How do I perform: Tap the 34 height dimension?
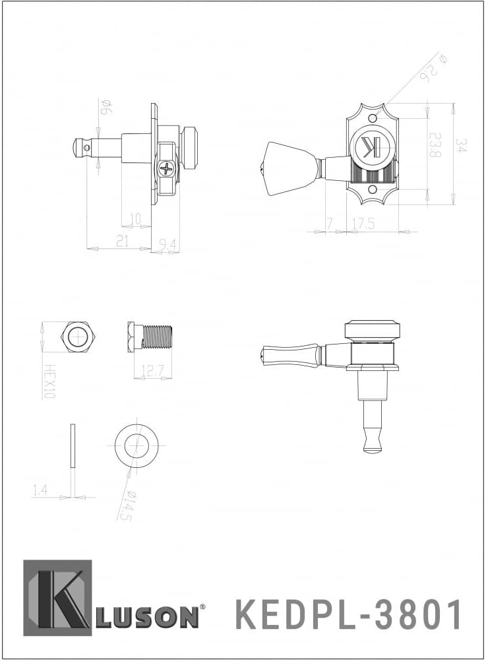(x=462, y=146)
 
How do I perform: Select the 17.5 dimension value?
(x=363, y=224)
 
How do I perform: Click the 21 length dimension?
(x=122, y=242)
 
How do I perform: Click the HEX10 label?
(x=47, y=381)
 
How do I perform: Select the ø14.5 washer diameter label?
(x=125, y=506)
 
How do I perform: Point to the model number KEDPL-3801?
(x=349, y=615)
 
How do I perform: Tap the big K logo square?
(x=57, y=598)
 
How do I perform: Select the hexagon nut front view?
(x=77, y=337)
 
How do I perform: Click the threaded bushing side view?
(x=150, y=336)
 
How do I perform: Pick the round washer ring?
(x=136, y=445)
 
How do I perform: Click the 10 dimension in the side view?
(x=136, y=217)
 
